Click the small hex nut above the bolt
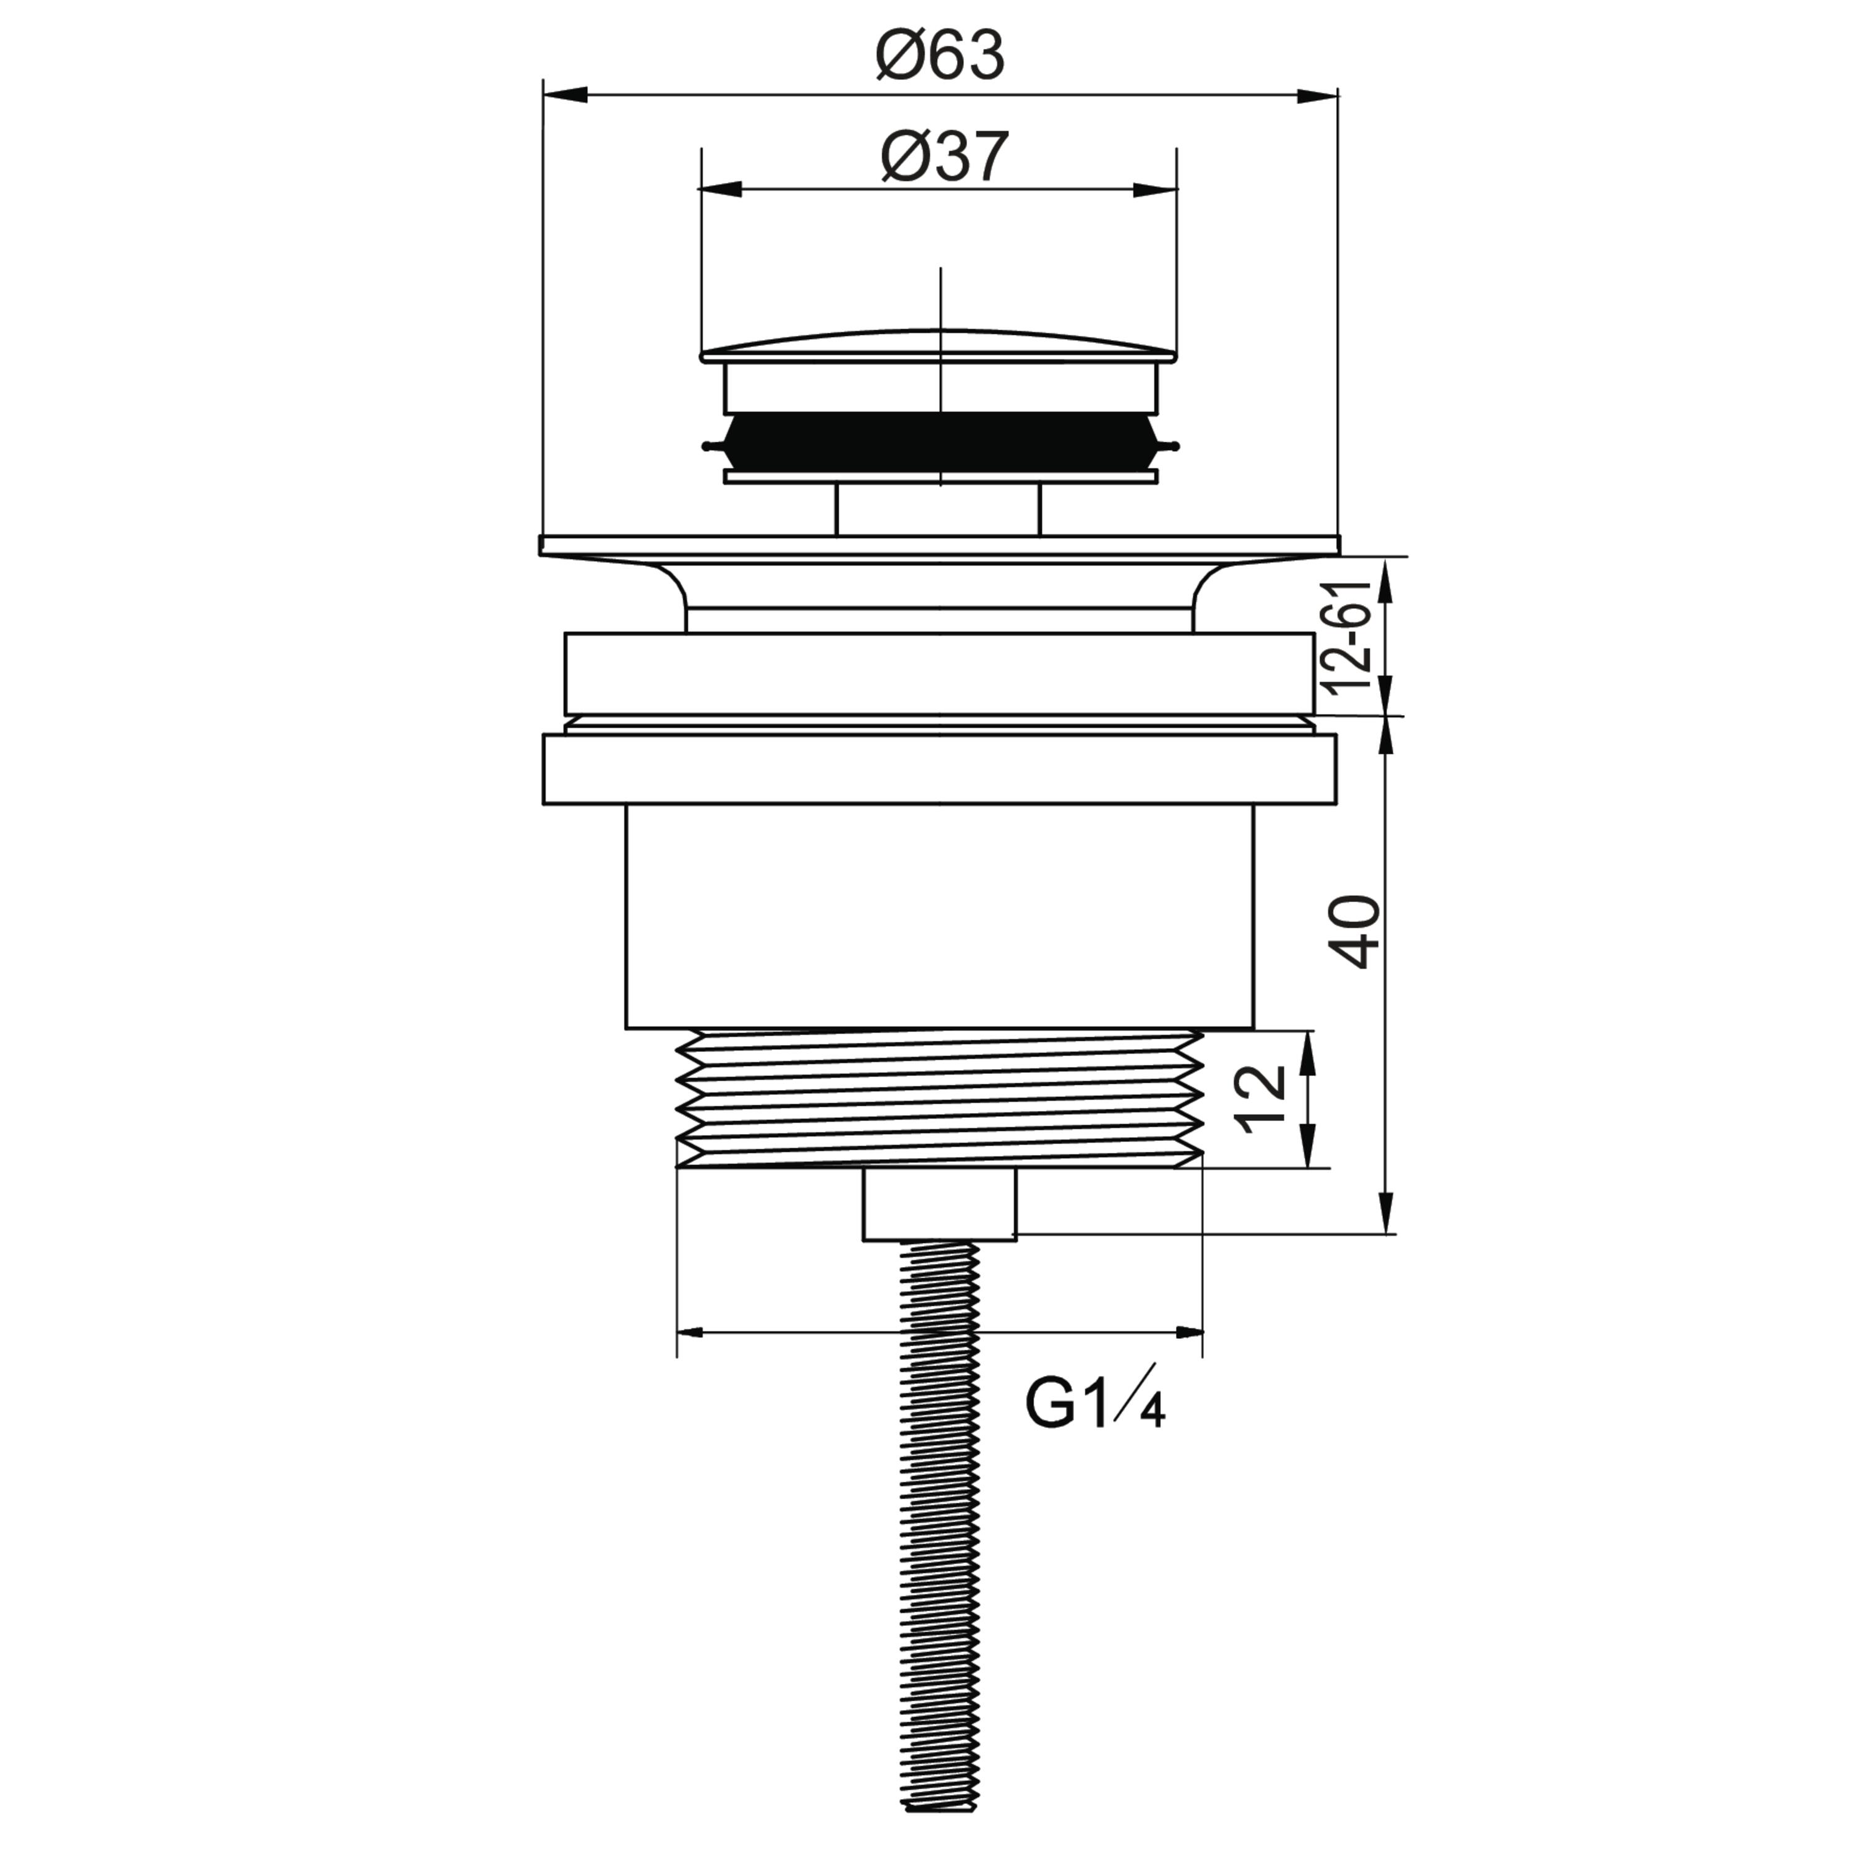(x=939, y=1205)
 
